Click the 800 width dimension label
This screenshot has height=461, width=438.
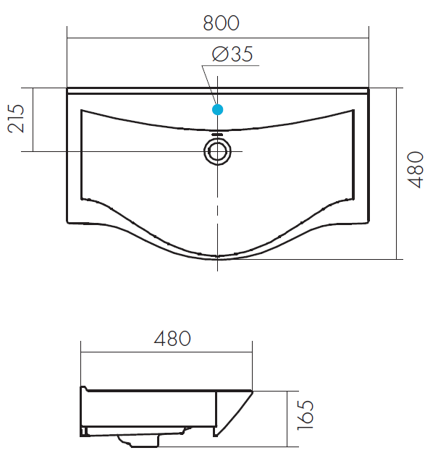pyautogui.click(x=222, y=23)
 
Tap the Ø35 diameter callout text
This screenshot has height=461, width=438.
pyautogui.click(x=232, y=54)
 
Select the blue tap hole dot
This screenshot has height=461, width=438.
pyautogui.click(x=218, y=110)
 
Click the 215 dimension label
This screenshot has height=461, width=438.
pyautogui.click(x=16, y=119)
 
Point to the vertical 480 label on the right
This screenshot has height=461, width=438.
pyautogui.click(x=416, y=169)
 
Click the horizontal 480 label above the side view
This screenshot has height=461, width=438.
pyautogui.click(x=172, y=339)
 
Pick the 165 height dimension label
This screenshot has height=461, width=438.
pyautogui.click(x=306, y=415)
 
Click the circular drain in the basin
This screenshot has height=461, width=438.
pyautogui.click(x=217, y=151)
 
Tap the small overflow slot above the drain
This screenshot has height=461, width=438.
pyautogui.click(x=217, y=134)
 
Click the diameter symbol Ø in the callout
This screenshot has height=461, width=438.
pyautogui.click(x=220, y=54)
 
